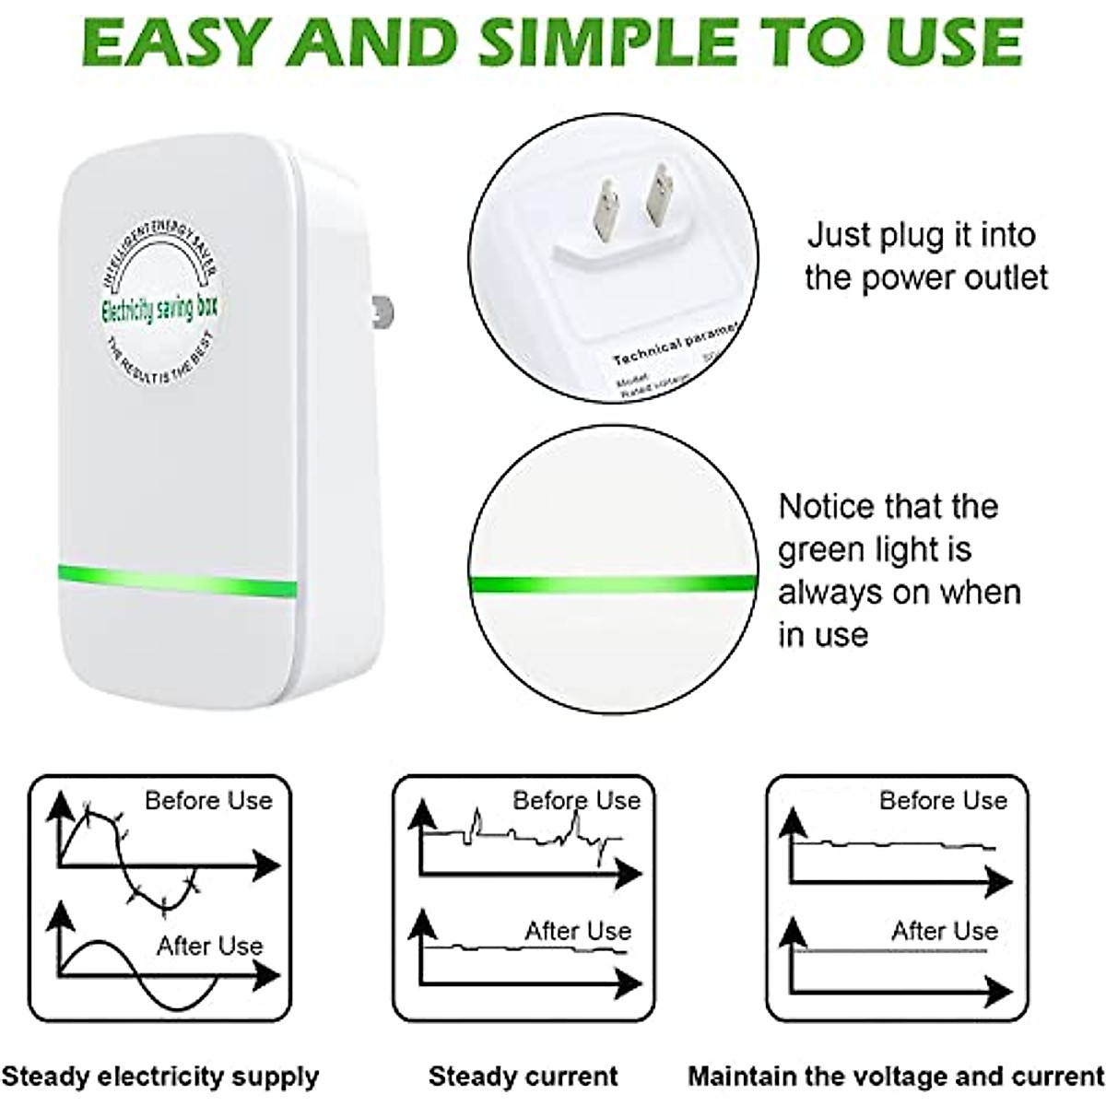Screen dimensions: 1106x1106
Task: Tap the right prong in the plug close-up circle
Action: (x=661, y=194)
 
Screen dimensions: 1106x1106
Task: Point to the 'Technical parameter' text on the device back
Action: (x=676, y=345)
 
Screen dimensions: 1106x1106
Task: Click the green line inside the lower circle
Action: (x=612, y=582)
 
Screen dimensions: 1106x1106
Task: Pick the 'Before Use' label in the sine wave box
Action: (x=208, y=800)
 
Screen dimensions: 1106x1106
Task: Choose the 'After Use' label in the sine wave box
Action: (x=209, y=946)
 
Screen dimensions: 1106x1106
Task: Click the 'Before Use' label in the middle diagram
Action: (x=576, y=800)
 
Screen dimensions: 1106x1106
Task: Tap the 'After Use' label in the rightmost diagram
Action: (x=944, y=931)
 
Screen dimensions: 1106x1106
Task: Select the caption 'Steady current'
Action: (x=523, y=1076)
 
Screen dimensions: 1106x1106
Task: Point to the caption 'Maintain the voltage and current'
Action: (x=896, y=1076)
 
